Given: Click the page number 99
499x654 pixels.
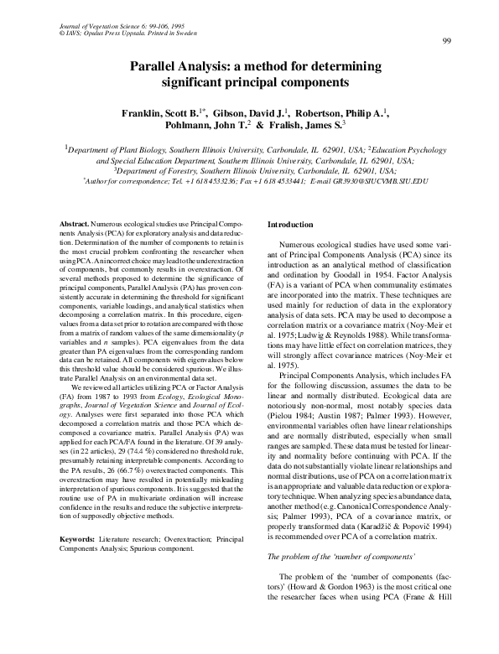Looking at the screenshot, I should pos(447,42).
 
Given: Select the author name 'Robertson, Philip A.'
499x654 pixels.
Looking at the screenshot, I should pos(346,112).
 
